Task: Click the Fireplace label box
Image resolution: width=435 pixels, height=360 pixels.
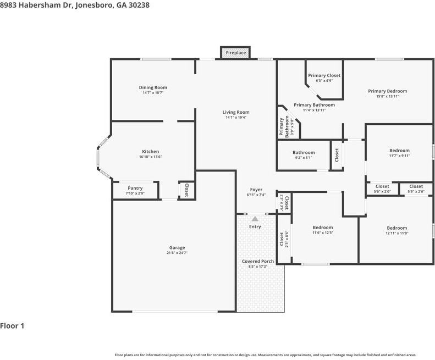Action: pos(236,53)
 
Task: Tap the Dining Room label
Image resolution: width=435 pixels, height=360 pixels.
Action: pos(152,87)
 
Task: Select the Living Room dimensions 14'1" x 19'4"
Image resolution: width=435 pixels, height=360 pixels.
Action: pos(236,118)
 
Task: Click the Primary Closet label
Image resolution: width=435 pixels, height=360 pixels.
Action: pos(324,75)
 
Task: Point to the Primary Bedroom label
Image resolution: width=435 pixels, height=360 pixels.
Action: pos(387,91)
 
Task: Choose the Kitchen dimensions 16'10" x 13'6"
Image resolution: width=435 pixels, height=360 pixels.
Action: pos(151,157)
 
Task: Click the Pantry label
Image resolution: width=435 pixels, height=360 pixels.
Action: pos(135,188)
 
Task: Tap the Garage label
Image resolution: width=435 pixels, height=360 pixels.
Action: pos(177,247)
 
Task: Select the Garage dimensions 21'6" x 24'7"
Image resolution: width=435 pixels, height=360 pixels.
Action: pos(177,253)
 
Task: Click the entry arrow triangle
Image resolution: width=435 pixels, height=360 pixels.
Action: pos(255,219)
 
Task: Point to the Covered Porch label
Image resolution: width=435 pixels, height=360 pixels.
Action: pos(257,261)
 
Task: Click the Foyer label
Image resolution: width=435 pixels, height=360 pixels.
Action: pos(256,190)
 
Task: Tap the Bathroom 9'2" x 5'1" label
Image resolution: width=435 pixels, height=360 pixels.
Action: pos(304,153)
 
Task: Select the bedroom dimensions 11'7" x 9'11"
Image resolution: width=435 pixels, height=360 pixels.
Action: pos(399,156)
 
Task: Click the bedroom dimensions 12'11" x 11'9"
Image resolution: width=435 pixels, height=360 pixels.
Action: pos(397,233)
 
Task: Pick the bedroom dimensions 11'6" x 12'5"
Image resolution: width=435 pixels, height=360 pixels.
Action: pos(323,232)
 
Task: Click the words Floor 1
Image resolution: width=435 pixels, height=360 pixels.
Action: pos(12,326)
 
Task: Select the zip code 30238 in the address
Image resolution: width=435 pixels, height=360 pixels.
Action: pos(137,5)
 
